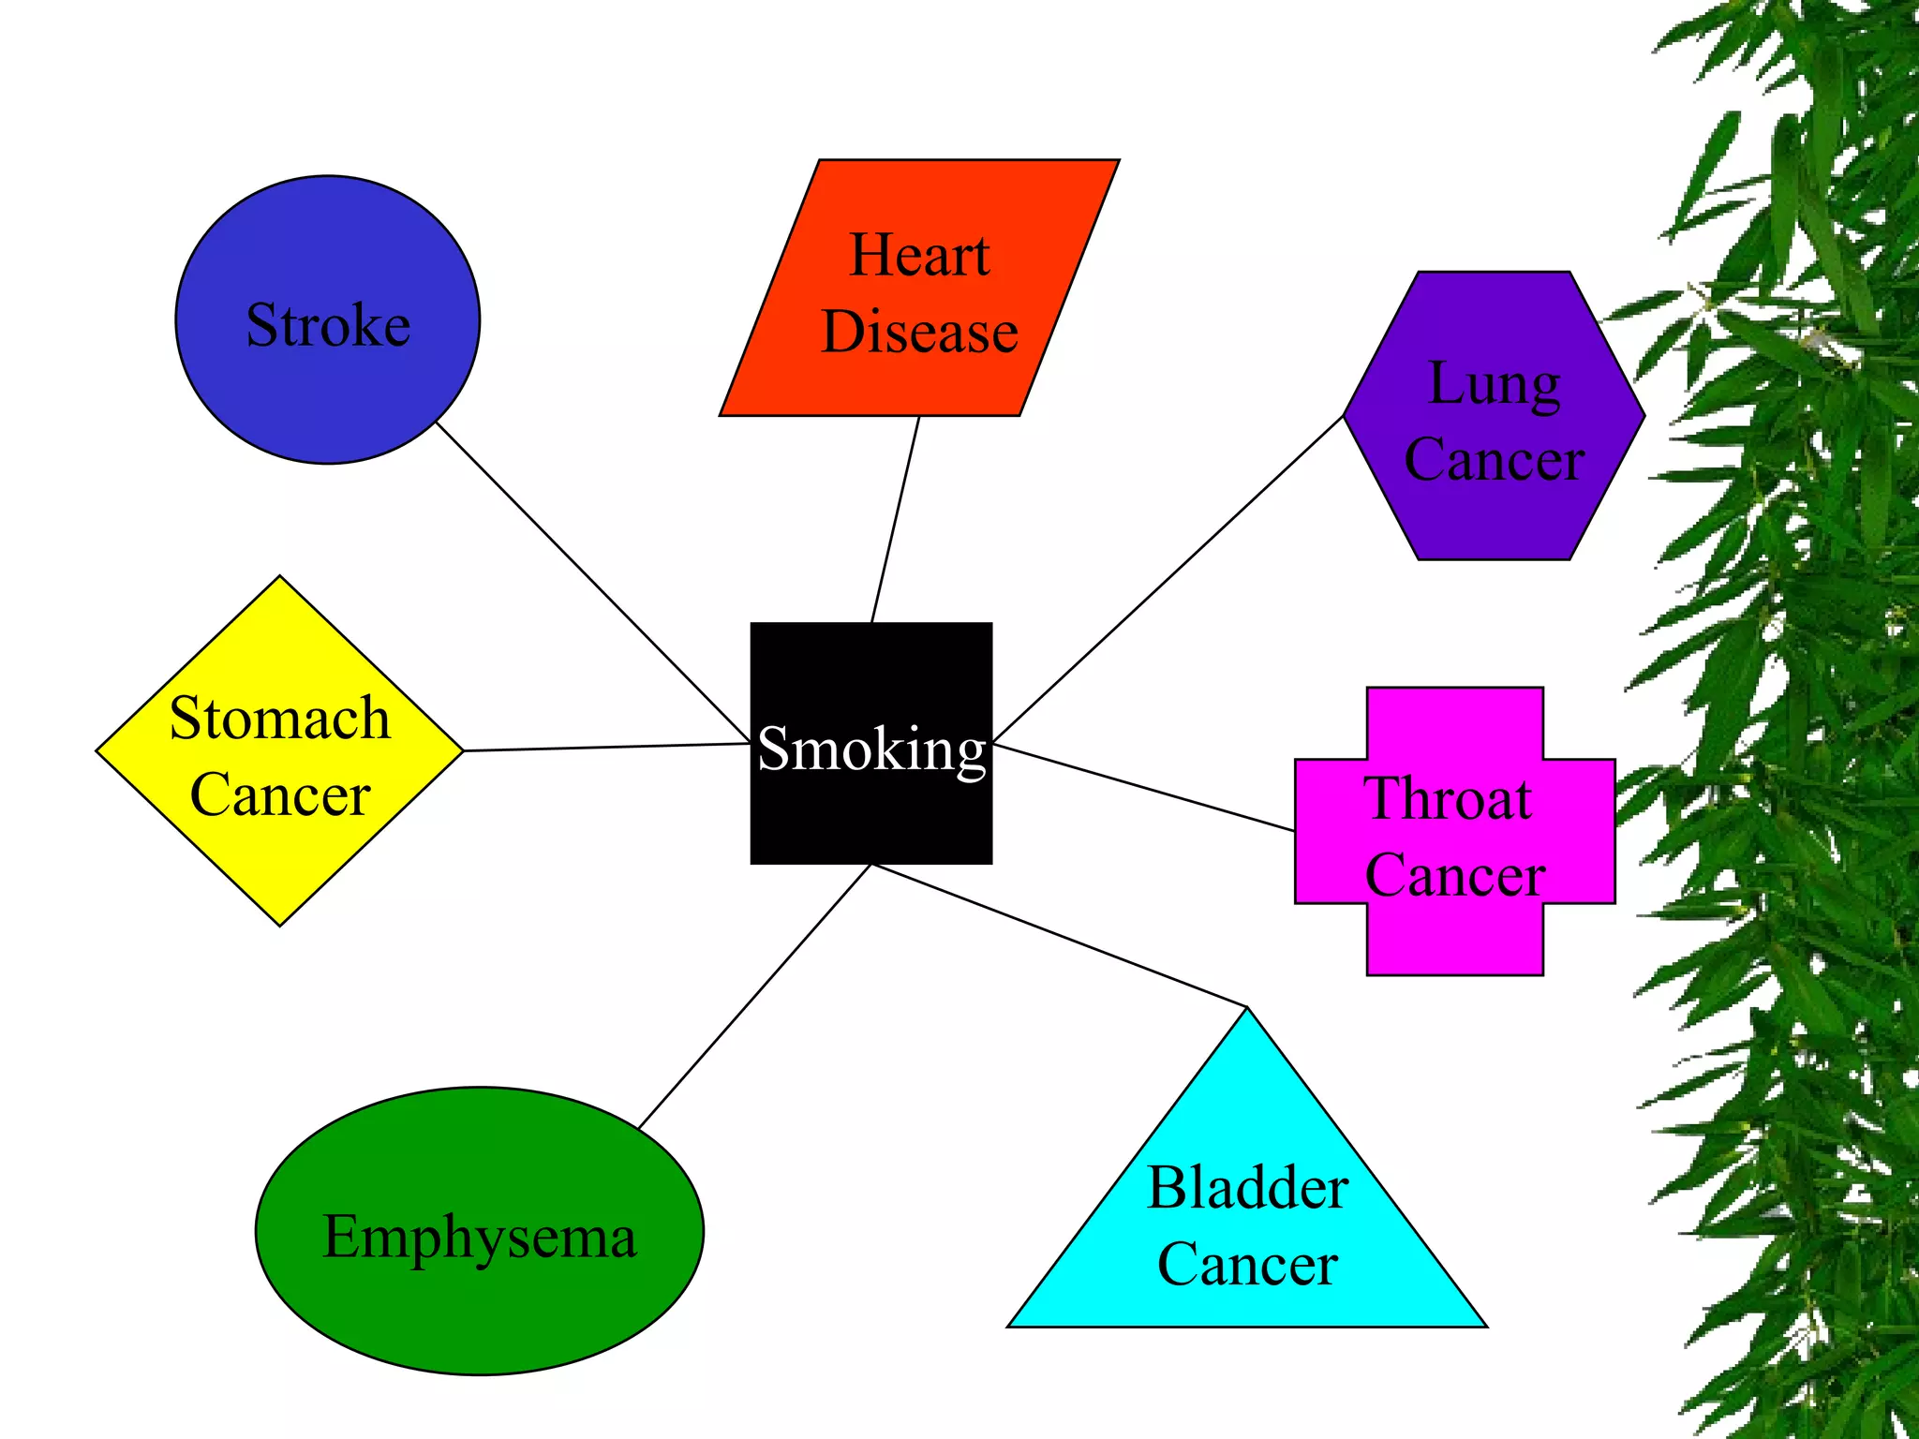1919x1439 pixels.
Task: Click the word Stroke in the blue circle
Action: (328, 325)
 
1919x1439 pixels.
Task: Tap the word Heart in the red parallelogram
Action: (919, 255)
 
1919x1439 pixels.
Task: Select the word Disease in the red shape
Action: (919, 332)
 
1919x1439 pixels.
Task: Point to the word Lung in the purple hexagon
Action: (1494, 384)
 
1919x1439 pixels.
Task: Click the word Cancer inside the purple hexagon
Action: (1494, 459)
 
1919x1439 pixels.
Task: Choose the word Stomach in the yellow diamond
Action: (279, 719)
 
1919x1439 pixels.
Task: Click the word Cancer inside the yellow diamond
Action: (279, 794)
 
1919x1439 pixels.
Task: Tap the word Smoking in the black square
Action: (871, 749)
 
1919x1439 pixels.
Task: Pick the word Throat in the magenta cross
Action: (1449, 799)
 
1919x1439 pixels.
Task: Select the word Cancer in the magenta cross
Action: (1454, 876)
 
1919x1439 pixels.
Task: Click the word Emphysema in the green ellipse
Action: (480, 1237)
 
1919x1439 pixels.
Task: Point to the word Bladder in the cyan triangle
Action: (1247, 1188)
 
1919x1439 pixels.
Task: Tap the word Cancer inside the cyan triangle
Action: (1247, 1265)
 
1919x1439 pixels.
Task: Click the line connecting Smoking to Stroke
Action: (592, 581)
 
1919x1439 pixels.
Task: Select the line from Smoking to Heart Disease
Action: (895, 520)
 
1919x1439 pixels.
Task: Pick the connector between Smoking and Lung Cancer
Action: (1168, 579)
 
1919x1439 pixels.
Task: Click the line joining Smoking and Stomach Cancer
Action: (607, 747)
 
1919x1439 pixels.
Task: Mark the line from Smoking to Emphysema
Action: (754, 997)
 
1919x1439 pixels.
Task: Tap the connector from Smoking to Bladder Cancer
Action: (1059, 936)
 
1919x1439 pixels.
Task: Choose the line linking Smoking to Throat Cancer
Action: (1143, 787)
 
